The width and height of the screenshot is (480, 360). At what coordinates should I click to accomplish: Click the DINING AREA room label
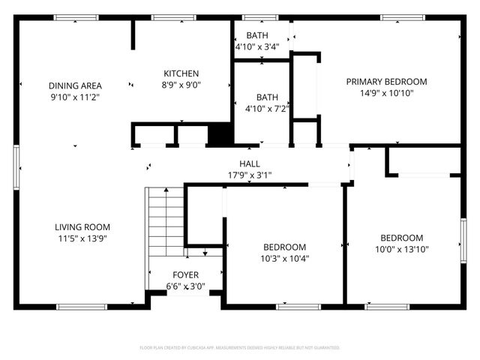tap(75, 85)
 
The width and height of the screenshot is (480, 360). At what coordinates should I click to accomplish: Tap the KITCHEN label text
tap(181, 73)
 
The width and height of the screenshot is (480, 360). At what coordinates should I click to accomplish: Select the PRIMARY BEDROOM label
tap(386, 82)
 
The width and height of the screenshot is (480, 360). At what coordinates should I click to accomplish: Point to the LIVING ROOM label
tap(82, 227)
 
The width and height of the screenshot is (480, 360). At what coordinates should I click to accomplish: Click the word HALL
tap(250, 164)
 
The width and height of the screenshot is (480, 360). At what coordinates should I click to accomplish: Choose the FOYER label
tap(186, 274)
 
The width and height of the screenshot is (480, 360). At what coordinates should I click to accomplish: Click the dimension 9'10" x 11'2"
tap(75, 97)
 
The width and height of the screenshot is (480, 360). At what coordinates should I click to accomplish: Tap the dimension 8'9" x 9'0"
tap(181, 85)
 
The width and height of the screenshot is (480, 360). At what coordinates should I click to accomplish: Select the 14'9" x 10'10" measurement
tap(386, 93)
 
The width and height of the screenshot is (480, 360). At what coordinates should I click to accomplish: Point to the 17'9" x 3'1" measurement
tap(250, 175)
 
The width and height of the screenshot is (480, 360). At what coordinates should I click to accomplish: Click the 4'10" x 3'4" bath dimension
tap(257, 46)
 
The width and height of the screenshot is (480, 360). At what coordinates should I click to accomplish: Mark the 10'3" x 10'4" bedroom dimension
tap(284, 259)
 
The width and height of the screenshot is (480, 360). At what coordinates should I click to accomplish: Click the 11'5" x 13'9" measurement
tap(82, 238)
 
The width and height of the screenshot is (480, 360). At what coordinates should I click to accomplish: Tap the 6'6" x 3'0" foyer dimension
tap(186, 286)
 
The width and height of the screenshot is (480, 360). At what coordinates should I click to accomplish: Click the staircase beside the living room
tap(163, 217)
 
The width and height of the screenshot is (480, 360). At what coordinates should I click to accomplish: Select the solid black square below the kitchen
tap(219, 135)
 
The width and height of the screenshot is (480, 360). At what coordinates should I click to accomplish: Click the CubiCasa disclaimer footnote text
tap(240, 348)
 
